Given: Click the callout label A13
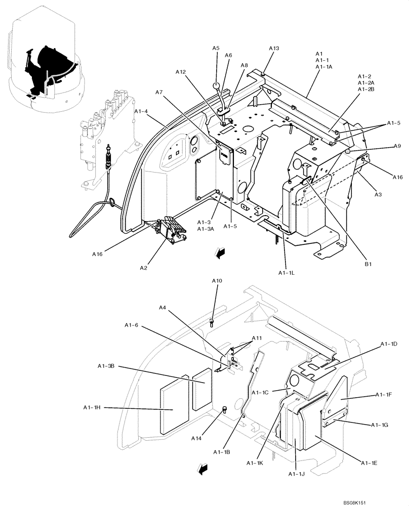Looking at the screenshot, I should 273,49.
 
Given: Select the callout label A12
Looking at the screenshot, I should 181,73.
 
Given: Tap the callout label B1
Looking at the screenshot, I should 368,264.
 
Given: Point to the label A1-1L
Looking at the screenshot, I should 286,273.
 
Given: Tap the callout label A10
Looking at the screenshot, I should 217,281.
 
